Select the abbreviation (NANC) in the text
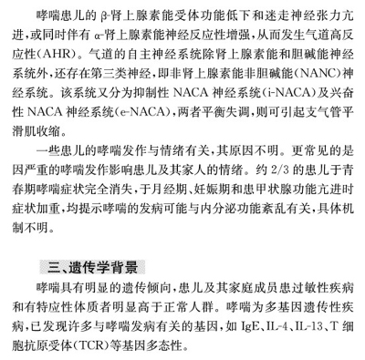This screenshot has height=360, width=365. tap(267, 92)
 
